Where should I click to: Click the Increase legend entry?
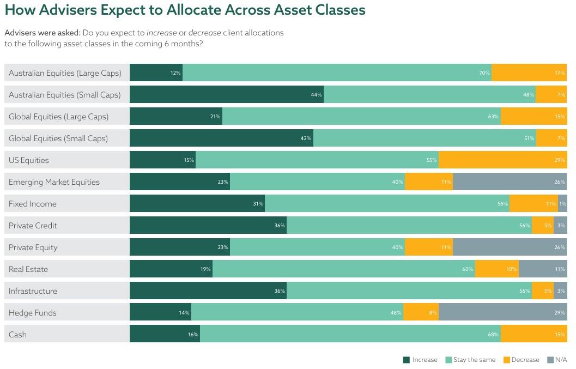coord(420,360)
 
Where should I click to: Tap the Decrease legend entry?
coord(521,360)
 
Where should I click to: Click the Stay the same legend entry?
coord(470,360)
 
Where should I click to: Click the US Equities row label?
coord(29,160)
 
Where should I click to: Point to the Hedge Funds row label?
coord(33,313)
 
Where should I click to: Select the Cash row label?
coord(17,335)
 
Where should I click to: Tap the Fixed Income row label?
coord(33,204)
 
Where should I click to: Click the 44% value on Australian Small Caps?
coord(317,95)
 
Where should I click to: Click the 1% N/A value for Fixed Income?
coord(563,204)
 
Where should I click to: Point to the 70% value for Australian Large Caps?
coord(484,73)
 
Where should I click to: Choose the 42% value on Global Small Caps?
coord(306,138)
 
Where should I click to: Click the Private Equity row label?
coord(33,247)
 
